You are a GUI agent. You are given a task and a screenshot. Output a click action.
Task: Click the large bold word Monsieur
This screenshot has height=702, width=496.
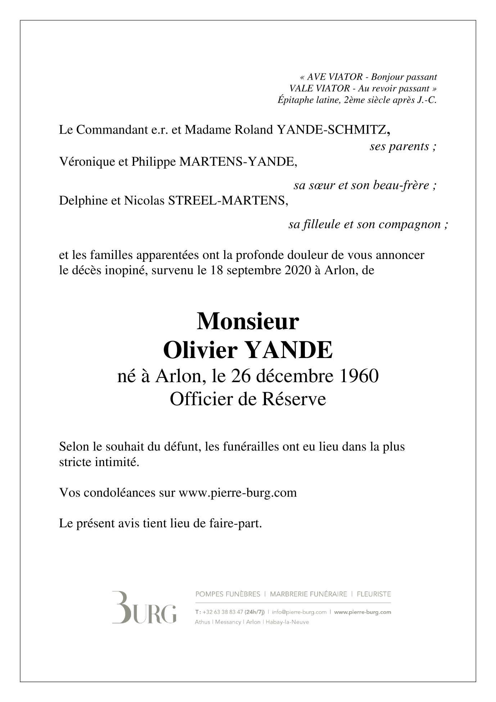point(248,321)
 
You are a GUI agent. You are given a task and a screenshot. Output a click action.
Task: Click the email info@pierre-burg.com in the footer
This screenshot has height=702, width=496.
point(299,612)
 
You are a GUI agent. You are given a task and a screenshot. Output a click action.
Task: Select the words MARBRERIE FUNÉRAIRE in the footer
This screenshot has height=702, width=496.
point(308,594)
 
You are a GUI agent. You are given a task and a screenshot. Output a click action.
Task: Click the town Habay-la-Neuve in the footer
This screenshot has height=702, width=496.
point(287,622)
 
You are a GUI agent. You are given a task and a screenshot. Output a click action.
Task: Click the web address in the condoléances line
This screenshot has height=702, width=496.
point(238,492)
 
